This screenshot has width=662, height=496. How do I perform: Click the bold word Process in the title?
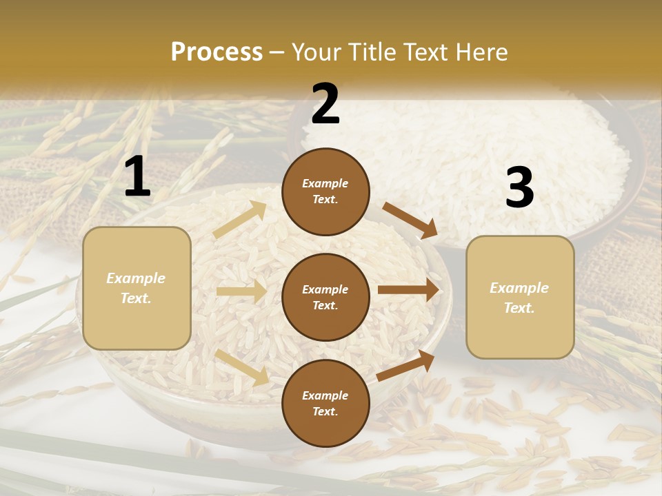(x=217, y=52)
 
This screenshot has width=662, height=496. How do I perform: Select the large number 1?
(x=137, y=176)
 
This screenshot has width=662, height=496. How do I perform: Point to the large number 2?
(x=325, y=104)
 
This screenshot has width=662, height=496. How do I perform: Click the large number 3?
(x=519, y=188)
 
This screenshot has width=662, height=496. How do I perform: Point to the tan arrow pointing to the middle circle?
(x=241, y=291)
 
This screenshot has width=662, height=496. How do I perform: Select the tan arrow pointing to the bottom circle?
(x=242, y=366)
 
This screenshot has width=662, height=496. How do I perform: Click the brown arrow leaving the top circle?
(x=410, y=220)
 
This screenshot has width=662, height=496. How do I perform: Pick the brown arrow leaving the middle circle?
(x=408, y=290)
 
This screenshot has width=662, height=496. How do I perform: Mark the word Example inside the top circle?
(x=325, y=184)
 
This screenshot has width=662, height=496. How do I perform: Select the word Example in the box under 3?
(x=519, y=288)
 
